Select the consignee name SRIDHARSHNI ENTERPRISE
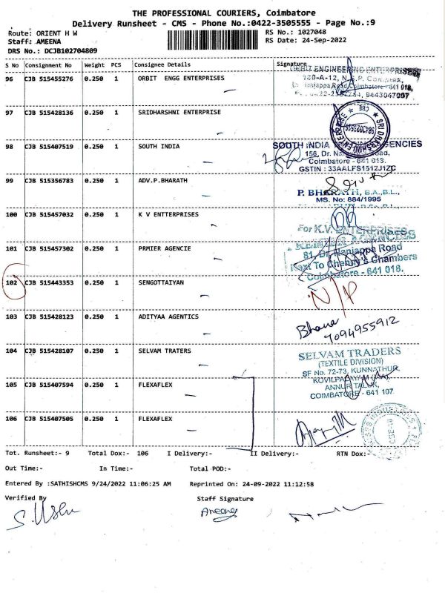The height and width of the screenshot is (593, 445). (179, 113)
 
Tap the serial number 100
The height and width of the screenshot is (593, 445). (11, 214)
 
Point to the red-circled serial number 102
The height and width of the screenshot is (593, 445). (11, 282)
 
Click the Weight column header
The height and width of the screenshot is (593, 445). (94, 65)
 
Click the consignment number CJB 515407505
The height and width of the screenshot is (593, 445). (50, 419)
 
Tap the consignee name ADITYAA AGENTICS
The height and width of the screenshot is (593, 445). (168, 317)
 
